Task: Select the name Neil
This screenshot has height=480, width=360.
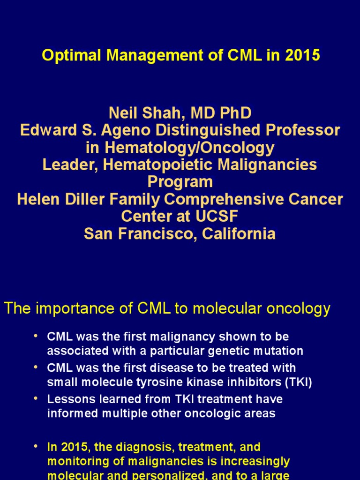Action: click(121, 113)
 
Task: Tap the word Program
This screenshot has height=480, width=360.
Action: click(180, 182)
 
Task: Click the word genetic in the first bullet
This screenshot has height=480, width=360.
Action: click(248, 351)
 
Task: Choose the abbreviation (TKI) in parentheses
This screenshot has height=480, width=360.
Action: click(298, 382)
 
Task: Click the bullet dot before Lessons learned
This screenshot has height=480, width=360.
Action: click(37, 398)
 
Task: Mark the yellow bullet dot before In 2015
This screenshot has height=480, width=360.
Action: click(37, 446)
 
